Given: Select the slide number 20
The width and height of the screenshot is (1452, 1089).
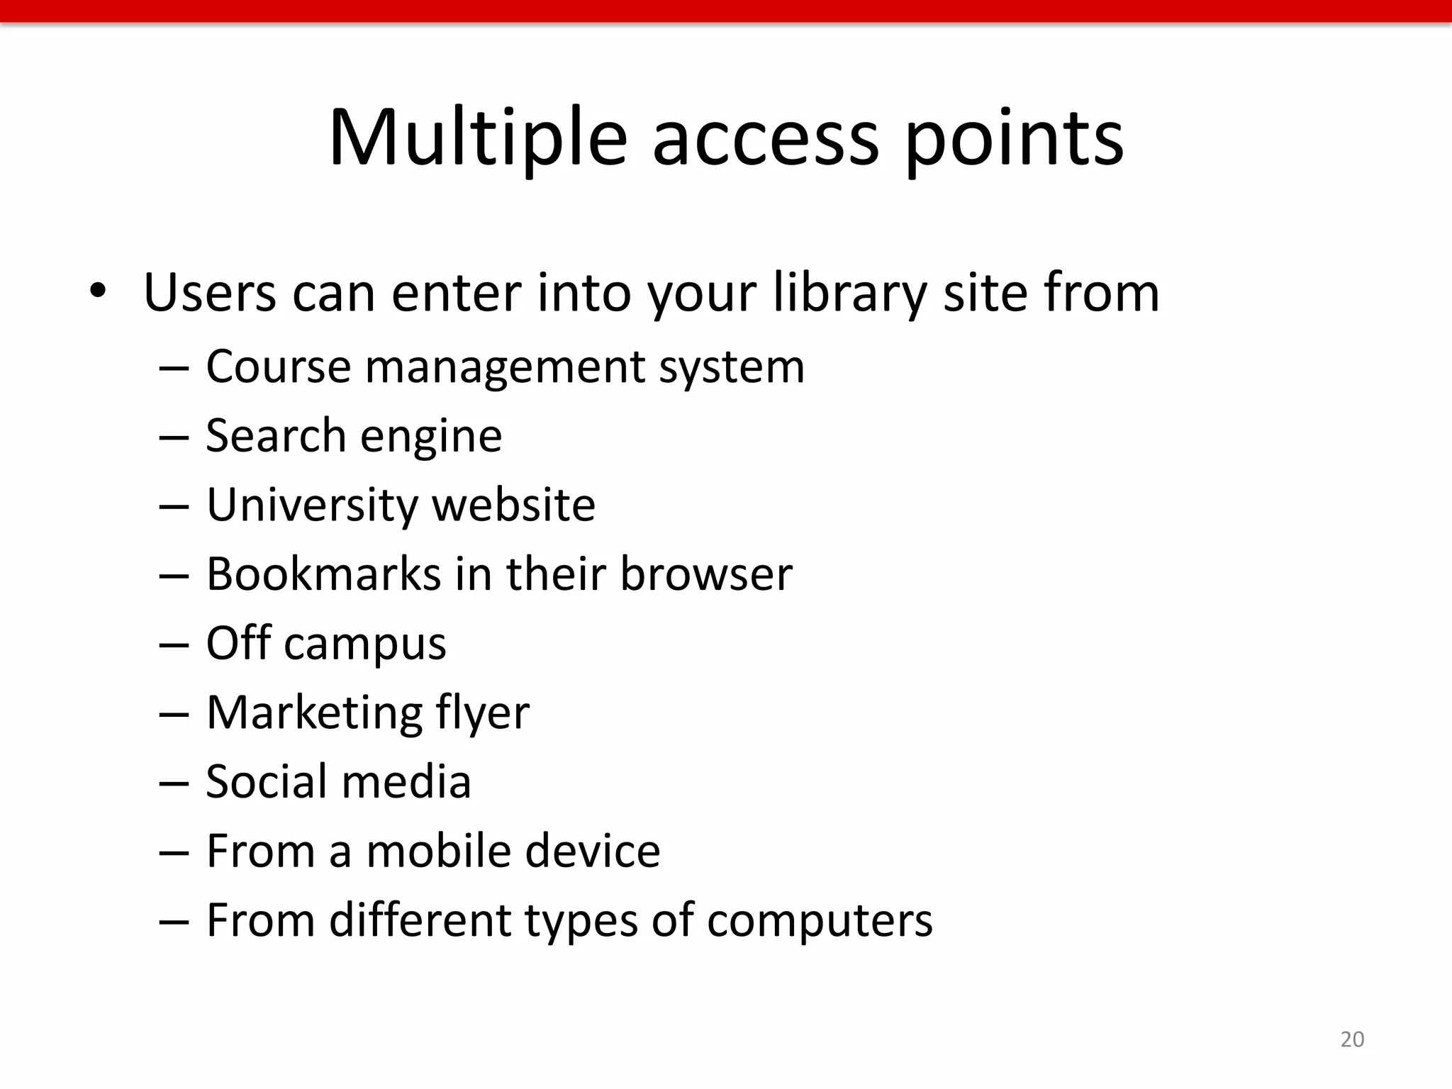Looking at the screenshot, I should tap(1352, 1039).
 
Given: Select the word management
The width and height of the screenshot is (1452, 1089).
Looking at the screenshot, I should tap(505, 369).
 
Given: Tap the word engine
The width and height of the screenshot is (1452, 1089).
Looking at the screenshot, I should tap(431, 437).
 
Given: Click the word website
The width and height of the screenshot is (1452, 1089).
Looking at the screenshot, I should tap(514, 505).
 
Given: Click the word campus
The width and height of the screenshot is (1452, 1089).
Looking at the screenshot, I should tap(365, 644).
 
